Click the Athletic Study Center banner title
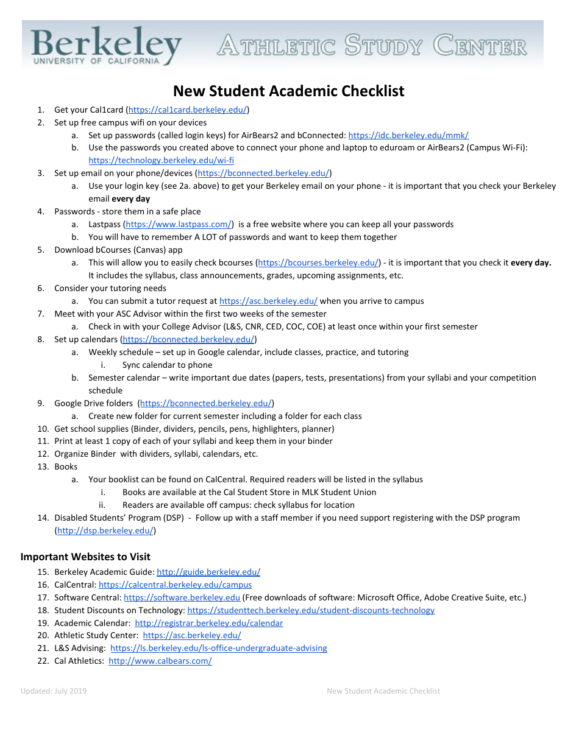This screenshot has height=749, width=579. [x=371, y=46]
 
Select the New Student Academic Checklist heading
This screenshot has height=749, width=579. [x=288, y=91]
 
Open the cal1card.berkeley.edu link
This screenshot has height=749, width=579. [x=187, y=110]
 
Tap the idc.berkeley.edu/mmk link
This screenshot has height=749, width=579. [x=408, y=135]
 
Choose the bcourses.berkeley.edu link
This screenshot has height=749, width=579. [x=319, y=262]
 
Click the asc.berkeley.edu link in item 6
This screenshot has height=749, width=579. [x=268, y=301]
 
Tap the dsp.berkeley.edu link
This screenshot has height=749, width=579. [x=105, y=530]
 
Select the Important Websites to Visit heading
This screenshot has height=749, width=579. [x=85, y=557]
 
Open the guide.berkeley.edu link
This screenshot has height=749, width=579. [x=208, y=572]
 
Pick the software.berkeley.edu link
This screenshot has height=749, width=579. [x=182, y=597]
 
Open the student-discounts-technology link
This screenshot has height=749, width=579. [x=311, y=610]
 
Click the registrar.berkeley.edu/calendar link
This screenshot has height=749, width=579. [x=208, y=623]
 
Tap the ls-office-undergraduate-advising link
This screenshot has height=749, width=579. [x=218, y=648]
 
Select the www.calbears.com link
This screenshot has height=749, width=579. [x=160, y=661]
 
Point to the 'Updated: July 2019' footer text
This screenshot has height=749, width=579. [x=54, y=691]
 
